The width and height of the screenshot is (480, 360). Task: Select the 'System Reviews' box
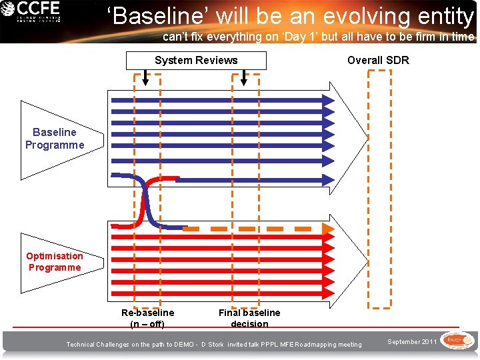196,61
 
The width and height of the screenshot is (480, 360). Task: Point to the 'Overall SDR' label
378,61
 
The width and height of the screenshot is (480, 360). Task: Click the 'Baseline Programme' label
55,139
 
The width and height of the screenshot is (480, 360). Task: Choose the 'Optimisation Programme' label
55,261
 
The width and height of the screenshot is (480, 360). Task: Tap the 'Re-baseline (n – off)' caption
147,318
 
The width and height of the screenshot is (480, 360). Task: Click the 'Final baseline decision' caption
249,318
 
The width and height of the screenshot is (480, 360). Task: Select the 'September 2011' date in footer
413,342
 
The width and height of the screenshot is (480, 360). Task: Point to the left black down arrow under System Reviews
147,78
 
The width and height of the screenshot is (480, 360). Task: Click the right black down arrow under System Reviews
244,78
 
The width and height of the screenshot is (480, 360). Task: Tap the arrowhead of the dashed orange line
327,229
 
